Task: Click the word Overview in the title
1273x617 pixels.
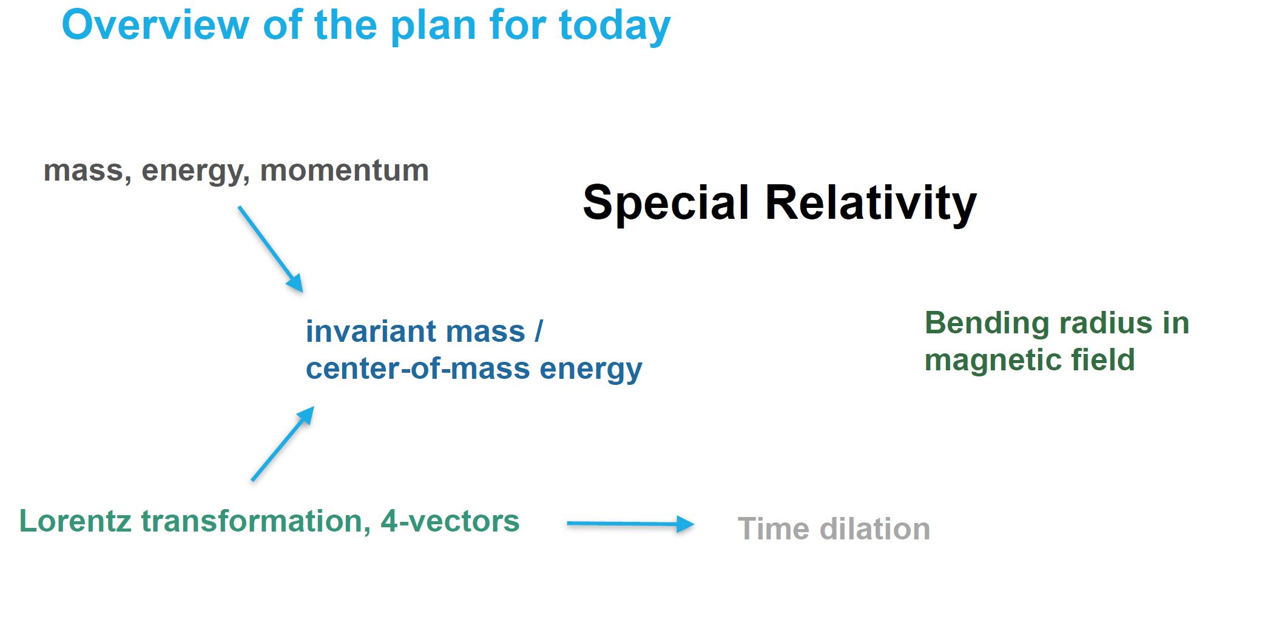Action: pos(155,25)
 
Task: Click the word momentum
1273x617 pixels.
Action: pos(344,170)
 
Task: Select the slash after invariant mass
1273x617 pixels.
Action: pos(539,332)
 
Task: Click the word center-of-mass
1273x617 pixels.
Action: pos(417,369)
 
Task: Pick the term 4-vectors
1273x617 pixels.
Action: pos(450,521)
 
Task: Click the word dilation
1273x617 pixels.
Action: pos(874,529)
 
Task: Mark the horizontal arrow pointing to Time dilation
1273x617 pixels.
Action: pos(630,524)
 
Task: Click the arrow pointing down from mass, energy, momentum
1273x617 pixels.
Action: pos(271,249)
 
